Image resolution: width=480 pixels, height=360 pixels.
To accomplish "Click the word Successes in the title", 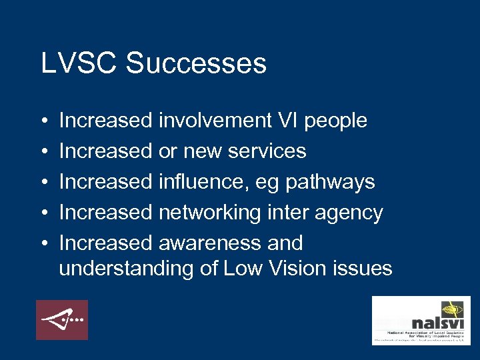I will (x=196, y=64).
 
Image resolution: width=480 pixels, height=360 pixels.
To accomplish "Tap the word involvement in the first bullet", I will (x=215, y=121).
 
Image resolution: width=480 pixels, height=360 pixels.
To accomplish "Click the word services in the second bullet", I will (x=267, y=151).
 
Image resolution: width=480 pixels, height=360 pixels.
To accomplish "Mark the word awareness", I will (x=210, y=243).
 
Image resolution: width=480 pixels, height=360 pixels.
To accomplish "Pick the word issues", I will (x=365, y=269).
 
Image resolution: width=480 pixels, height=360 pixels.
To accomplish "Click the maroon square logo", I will (x=62, y=320).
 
